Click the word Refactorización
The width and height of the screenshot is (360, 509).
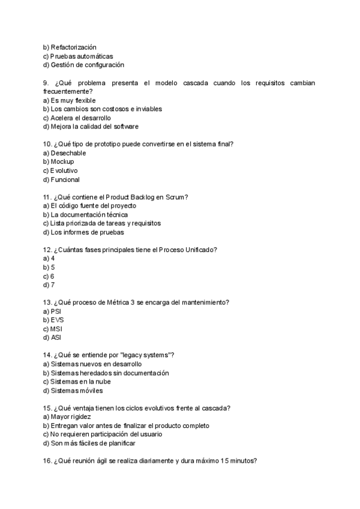tap(74, 47)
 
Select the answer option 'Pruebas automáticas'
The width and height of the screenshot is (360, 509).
tap(78, 56)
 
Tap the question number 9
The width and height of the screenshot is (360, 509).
tap(46, 82)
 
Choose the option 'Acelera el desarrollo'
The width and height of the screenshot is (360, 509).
tap(77, 118)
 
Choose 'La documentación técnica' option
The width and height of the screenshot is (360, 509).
tap(85, 214)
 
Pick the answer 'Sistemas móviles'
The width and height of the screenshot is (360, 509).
tap(73, 390)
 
